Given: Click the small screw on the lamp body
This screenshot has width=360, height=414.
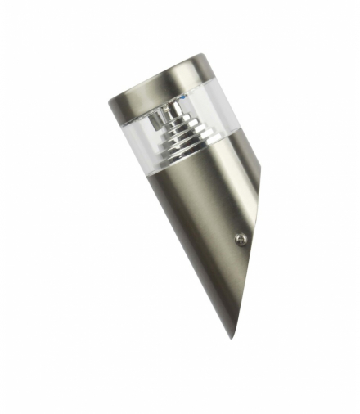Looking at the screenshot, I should pos(240,239).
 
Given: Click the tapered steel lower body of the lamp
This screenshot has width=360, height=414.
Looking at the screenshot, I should pos(200,213).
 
